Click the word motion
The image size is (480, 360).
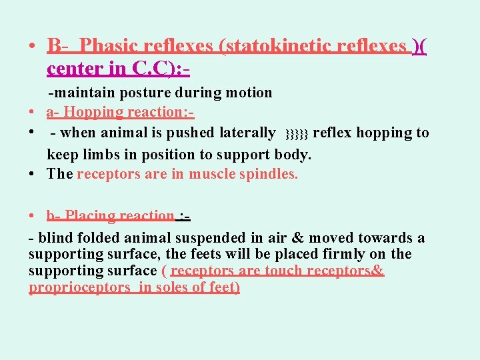(x=249, y=93)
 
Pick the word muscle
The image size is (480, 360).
(x=214, y=175)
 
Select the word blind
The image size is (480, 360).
(x=55, y=238)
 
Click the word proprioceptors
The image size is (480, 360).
(x=80, y=287)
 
